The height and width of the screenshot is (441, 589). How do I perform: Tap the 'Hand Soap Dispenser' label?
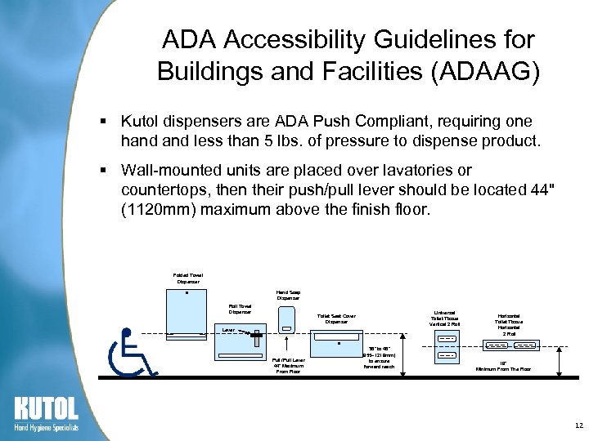tap(288, 295)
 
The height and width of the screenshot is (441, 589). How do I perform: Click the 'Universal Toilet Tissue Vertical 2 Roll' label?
tap(446, 318)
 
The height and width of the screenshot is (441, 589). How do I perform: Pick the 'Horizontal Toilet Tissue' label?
tap(509, 324)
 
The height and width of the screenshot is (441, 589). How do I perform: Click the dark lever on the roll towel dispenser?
tap(255, 334)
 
